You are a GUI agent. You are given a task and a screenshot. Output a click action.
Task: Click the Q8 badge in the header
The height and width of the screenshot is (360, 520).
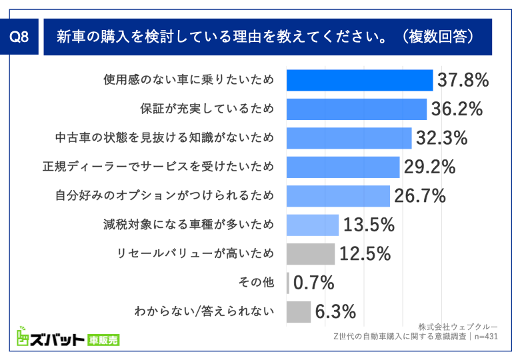pyautogui.click(x=22, y=38)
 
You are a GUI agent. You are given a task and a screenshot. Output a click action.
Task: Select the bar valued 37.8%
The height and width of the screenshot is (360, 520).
pyautogui.click(x=359, y=80)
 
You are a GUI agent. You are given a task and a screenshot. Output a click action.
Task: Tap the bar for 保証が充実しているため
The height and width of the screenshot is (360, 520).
pyautogui.click(x=357, y=109)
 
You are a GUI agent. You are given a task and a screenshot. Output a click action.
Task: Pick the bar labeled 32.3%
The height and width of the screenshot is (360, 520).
pyautogui.click(x=349, y=138)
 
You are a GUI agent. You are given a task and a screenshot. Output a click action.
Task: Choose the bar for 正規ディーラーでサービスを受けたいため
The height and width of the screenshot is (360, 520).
pyautogui.click(x=343, y=167)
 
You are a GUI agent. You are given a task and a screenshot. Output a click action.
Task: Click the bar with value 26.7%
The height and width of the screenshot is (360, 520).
pyautogui.click(x=338, y=196)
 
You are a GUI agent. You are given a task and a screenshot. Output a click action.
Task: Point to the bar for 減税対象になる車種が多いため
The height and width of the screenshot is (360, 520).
pyautogui.click(x=313, y=225)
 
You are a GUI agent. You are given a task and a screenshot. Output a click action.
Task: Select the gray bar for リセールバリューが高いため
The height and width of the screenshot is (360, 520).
pyautogui.click(x=311, y=254)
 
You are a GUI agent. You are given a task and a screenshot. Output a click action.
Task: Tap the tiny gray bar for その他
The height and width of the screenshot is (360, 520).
pyautogui.click(x=288, y=283)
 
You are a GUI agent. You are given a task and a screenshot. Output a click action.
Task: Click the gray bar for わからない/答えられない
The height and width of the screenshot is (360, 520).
pyautogui.click(x=299, y=311)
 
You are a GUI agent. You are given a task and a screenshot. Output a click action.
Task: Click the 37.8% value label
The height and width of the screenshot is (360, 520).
pyautogui.click(x=463, y=81)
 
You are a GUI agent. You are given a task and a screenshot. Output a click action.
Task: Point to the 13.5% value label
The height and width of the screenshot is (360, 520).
pyautogui.click(x=369, y=225)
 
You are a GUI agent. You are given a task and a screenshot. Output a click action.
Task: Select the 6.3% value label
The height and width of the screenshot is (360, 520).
pyautogui.click(x=335, y=312)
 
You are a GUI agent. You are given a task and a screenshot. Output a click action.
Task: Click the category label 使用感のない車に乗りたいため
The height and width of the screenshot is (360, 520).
pyautogui.click(x=189, y=80)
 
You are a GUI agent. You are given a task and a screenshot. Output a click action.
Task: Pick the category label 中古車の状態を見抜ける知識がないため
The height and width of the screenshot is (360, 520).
pyautogui.click(x=164, y=138)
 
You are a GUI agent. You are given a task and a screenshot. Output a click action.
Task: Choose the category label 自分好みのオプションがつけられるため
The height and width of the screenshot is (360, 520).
pyautogui.click(x=164, y=196)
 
